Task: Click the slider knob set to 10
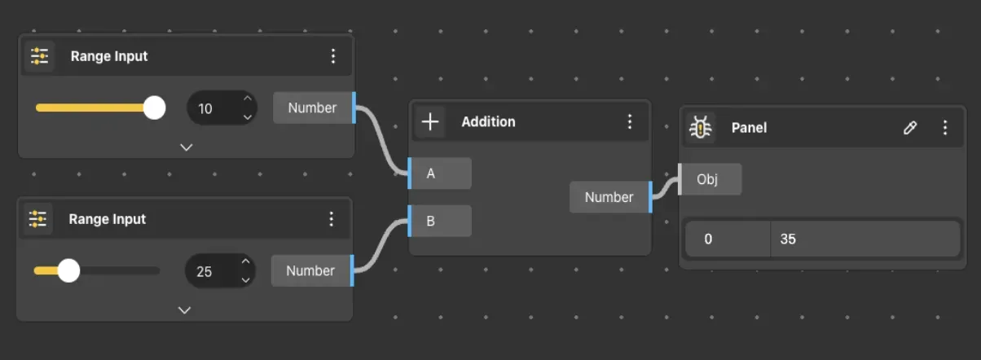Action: (x=154, y=108)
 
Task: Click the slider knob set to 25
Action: (x=68, y=270)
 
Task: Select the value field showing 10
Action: (x=222, y=108)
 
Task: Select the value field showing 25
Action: (x=220, y=271)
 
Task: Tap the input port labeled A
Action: (x=439, y=173)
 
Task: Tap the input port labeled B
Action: (x=439, y=222)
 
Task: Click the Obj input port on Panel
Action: (x=710, y=179)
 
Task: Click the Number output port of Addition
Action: (x=611, y=197)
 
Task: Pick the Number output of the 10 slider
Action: (x=315, y=108)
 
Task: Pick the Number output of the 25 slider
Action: (x=313, y=270)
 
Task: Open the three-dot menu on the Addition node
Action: (x=630, y=121)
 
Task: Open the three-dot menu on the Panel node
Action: (x=945, y=127)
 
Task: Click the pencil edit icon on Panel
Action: (x=910, y=127)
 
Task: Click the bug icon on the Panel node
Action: (x=700, y=127)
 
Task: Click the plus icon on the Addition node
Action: (x=430, y=121)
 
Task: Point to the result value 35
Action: (x=788, y=239)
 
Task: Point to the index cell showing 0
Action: (x=708, y=239)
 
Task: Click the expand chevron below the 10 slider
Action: (x=187, y=147)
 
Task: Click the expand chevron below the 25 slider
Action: (x=184, y=310)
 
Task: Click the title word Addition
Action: (x=488, y=121)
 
